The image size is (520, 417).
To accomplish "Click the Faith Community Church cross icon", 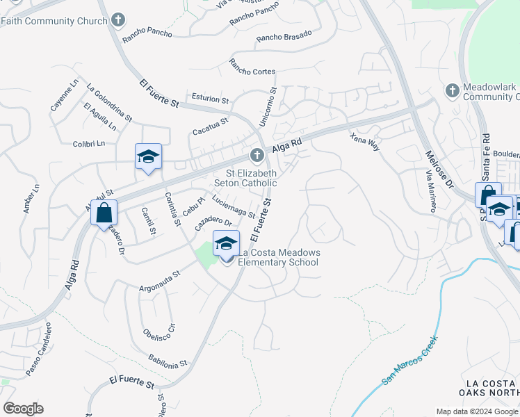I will [x=119, y=20].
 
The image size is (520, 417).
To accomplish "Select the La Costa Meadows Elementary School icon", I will [x=226, y=244].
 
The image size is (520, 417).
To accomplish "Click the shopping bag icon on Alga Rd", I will [x=104, y=213].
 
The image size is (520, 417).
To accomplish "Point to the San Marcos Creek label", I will [x=410, y=361].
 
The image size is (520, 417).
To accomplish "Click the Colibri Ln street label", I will [x=88, y=144].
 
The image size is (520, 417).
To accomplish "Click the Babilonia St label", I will [x=168, y=359].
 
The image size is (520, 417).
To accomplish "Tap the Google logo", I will [x=23, y=409].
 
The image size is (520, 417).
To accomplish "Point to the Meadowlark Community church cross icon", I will [x=452, y=90].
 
